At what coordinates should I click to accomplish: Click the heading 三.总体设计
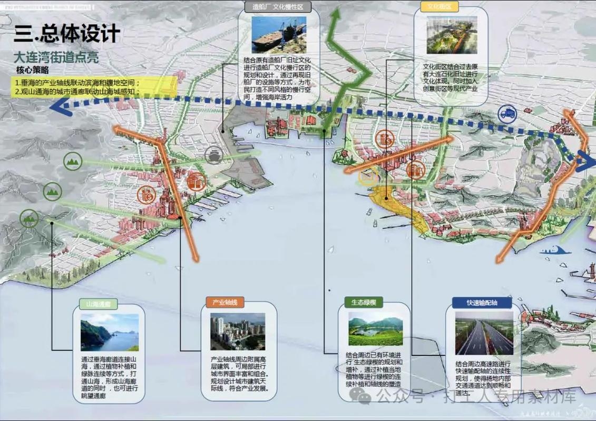[x=67, y=34]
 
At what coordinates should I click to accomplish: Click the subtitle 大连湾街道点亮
[x=56, y=57]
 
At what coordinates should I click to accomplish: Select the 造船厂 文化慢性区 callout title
[x=278, y=7]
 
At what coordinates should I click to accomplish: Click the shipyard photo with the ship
[x=278, y=34]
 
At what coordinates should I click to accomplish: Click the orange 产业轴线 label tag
[x=225, y=302]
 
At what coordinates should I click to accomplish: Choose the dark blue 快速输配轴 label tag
[x=482, y=303]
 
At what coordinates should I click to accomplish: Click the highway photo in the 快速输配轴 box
[x=484, y=334]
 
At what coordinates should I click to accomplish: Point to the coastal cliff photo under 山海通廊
[x=110, y=333]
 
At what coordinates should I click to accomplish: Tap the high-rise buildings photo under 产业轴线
[x=238, y=332]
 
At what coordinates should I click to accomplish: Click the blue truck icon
[x=508, y=112]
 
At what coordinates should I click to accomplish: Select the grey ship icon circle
[x=214, y=155]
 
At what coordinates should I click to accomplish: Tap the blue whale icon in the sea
[x=559, y=250]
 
